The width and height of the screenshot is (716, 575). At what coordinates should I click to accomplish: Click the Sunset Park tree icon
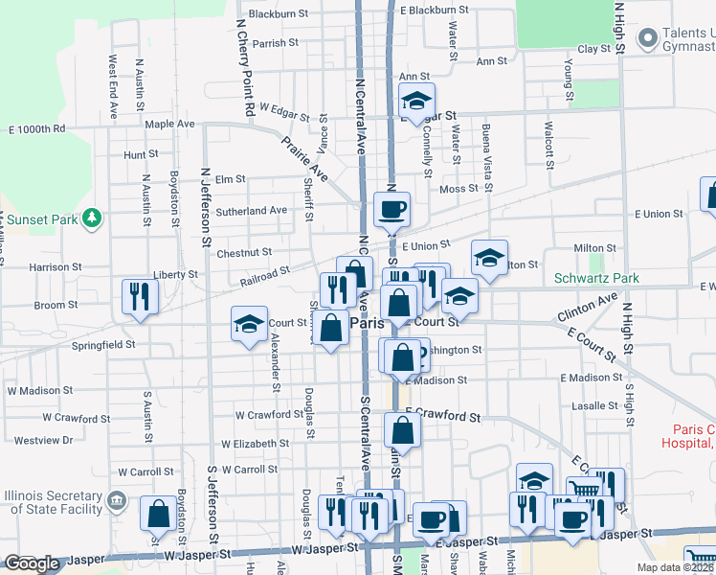[92, 218]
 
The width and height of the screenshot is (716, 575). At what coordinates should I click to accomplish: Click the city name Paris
[367, 323]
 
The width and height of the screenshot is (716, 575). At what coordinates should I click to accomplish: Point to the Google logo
[31, 563]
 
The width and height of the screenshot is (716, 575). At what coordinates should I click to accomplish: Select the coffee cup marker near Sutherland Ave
[391, 208]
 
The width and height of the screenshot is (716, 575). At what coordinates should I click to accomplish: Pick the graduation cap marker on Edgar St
[416, 100]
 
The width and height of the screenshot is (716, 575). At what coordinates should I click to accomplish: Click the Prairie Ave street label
[304, 158]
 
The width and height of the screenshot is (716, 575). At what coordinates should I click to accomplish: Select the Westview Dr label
[43, 441]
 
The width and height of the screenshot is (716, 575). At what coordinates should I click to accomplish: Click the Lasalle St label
[593, 406]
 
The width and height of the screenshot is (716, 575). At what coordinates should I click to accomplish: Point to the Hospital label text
[687, 443]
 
